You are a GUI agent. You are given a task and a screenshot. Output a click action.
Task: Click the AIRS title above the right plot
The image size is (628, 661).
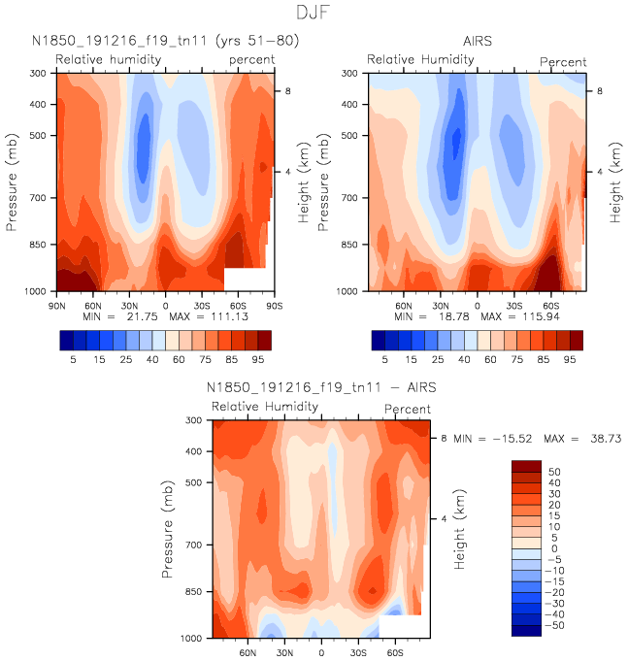pyautogui.click(x=477, y=41)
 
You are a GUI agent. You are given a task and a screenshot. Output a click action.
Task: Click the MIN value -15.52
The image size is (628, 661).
pyautogui.click(x=494, y=440)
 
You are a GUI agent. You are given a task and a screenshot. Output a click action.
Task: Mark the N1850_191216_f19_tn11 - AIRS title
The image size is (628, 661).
pyautogui.click(x=321, y=387)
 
